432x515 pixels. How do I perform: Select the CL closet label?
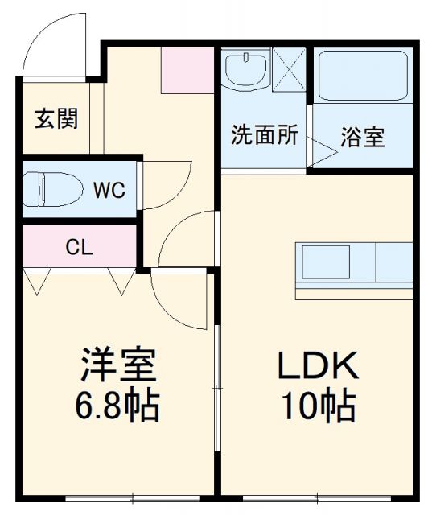[x=79, y=246]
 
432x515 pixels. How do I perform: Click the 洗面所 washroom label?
[x=264, y=135]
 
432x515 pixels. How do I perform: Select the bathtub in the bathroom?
[x=361, y=76]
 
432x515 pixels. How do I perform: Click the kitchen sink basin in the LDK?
[x=325, y=262]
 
